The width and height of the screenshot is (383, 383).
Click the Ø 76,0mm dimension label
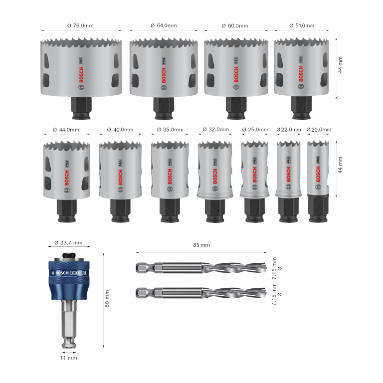click(80, 25)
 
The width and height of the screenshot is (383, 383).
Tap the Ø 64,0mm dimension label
click(164, 25)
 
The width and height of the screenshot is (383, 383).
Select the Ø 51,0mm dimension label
click(302, 25)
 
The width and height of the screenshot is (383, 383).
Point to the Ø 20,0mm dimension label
click(319, 130)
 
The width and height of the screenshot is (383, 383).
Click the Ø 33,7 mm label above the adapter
click(68, 242)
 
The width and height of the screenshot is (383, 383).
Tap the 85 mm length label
click(201, 245)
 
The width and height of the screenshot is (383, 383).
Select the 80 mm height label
click(107, 299)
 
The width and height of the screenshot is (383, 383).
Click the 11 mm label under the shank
click(69, 358)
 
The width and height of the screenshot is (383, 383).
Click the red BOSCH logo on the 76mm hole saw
click(81, 75)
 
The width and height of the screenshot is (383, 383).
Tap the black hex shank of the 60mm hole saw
click(236, 108)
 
